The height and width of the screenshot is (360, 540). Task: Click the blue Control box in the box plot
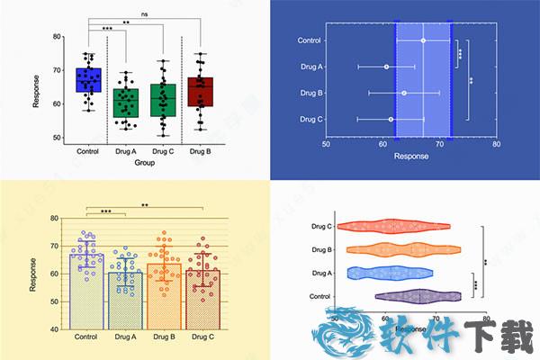88,79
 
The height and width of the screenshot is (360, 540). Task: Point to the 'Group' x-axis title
144,163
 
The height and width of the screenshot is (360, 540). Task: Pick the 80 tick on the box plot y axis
57,37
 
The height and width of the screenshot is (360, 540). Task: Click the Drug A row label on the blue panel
310,67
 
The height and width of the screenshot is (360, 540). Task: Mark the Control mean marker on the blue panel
423,40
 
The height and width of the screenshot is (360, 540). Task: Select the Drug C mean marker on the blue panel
391,119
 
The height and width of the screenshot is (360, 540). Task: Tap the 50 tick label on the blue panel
327,144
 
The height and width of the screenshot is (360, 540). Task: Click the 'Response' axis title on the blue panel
411,157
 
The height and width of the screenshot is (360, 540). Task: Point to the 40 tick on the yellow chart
55,328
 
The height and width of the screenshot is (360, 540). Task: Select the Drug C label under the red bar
202,337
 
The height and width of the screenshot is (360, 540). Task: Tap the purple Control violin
418,295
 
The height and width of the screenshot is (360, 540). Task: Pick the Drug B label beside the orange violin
321,249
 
